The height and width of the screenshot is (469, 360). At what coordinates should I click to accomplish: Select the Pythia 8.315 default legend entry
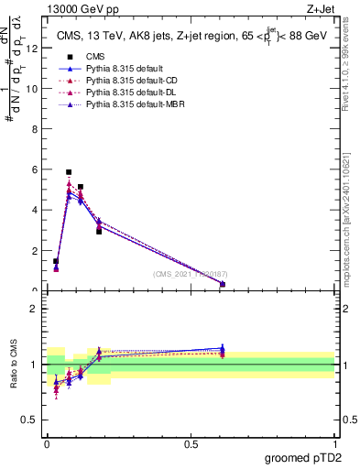(x=118, y=69)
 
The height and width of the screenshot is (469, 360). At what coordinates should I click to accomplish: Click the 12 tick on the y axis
(x=34, y=49)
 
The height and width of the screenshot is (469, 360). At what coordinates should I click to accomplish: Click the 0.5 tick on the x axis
(x=191, y=443)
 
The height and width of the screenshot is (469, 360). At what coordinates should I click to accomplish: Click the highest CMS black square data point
(x=69, y=172)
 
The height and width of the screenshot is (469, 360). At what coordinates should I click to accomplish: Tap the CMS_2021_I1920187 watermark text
(x=191, y=274)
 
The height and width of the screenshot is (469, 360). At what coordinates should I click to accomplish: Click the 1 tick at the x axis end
(x=334, y=443)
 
